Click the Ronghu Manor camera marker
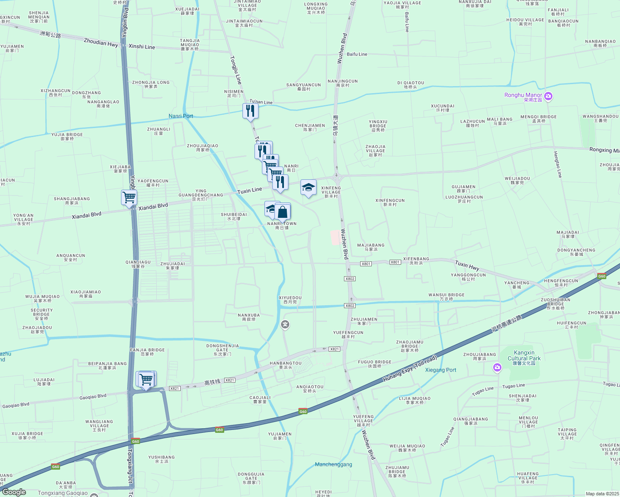(x=548, y=97)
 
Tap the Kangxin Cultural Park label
(x=524, y=356)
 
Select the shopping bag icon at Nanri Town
(x=283, y=212)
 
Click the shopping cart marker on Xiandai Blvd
(x=129, y=198)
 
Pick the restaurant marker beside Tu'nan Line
(x=250, y=111)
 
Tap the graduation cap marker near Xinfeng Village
(x=308, y=188)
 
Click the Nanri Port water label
(x=181, y=116)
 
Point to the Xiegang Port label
(x=441, y=370)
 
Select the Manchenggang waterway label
(x=333, y=464)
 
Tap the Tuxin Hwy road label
(x=467, y=265)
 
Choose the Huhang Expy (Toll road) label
(x=410, y=369)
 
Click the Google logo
(x=14, y=492)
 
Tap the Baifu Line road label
(x=357, y=54)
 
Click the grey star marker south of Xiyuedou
(x=285, y=324)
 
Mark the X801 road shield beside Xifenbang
(x=395, y=262)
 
